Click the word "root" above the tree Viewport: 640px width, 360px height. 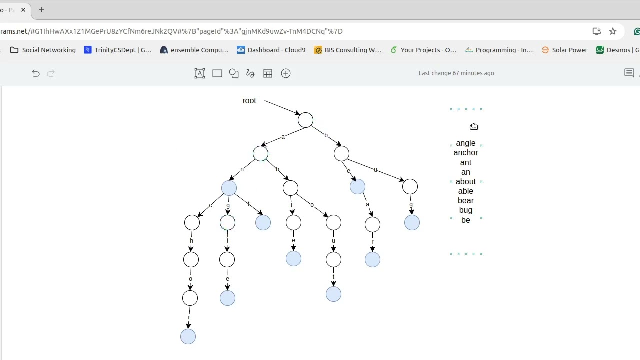click(x=249, y=101)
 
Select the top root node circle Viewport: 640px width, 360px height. click(x=305, y=120)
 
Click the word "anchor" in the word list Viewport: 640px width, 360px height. click(x=465, y=153)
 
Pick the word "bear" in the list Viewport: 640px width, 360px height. click(x=465, y=201)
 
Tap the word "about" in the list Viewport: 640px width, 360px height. click(x=465, y=181)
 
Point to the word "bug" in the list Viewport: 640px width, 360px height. click(x=465, y=210)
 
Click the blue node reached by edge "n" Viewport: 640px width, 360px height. click(x=229, y=188)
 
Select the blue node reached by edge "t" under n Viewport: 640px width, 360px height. click(x=263, y=223)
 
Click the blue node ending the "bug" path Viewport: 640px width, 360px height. click(x=412, y=223)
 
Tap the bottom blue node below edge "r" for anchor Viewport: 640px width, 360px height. click(x=188, y=337)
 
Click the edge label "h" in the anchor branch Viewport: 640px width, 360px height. click(x=191, y=241)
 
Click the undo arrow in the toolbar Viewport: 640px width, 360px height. click(x=36, y=73)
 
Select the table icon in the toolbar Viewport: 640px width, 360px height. click(x=268, y=73)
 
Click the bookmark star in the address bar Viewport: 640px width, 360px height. click(x=613, y=31)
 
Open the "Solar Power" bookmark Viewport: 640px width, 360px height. click(x=564, y=50)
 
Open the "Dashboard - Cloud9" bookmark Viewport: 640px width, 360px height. click(x=271, y=50)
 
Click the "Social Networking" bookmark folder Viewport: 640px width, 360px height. click(x=43, y=50)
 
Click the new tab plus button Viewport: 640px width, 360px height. click(x=41, y=10)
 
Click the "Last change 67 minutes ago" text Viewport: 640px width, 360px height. click(x=456, y=73)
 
